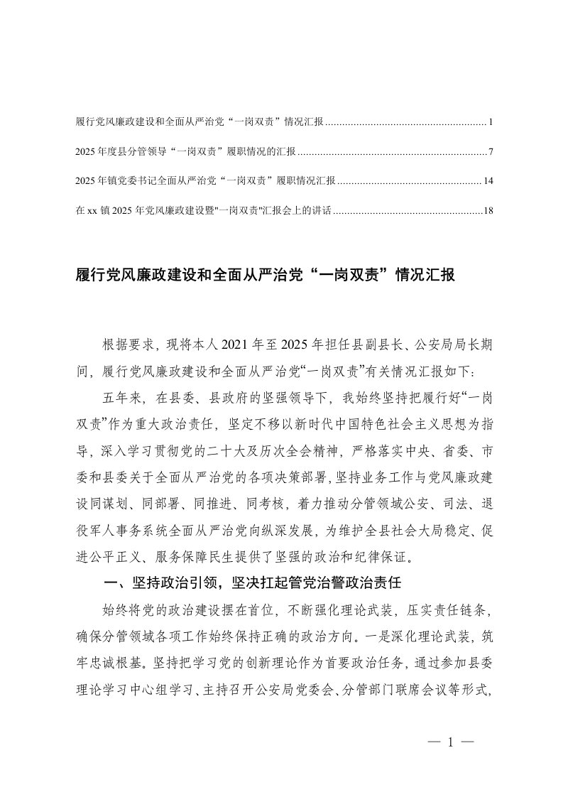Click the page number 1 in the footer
point(450,743)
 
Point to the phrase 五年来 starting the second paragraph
point(121,395)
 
